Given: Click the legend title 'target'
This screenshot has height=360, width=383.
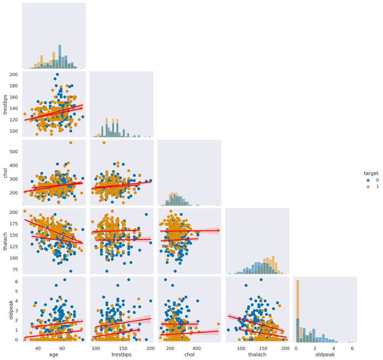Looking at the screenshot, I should (x=371, y=173).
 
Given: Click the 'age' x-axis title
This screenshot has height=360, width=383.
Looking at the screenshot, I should (x=54, y=355).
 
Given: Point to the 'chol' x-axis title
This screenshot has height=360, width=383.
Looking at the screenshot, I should (x=189, y=355).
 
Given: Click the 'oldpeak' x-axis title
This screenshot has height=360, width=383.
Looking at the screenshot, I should (x=325, y=355).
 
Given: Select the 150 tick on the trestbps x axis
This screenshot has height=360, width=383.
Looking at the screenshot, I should (x=123, y=348).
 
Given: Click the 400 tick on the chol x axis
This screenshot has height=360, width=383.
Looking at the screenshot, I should (x=196, y=348).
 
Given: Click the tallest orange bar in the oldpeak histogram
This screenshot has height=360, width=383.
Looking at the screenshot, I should (x=297, y=310).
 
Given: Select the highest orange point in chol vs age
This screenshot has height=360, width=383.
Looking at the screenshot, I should (x=70, y=143).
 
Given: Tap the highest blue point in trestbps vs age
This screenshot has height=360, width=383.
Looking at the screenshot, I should (x=57, y=75).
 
